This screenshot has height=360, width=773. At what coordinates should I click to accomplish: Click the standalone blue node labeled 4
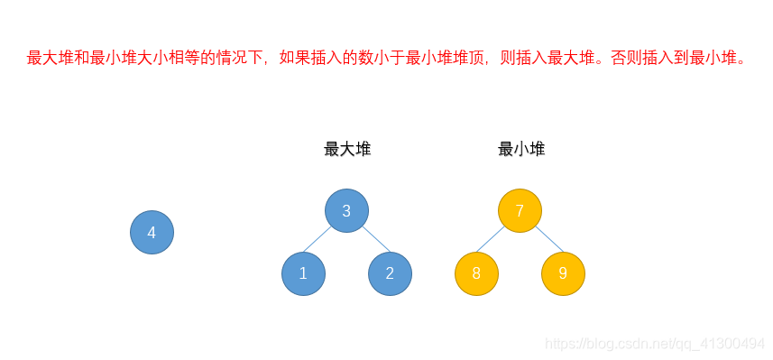(152, 233)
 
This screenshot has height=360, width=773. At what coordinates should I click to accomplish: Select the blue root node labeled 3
(346, 211)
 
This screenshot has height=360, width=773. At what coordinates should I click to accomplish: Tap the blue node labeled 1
(303, 273)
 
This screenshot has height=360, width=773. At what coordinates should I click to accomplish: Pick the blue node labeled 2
(390, 273)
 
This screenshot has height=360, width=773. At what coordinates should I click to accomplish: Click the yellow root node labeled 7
(520, 211)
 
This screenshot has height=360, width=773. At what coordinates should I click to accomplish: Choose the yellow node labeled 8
(476, 273)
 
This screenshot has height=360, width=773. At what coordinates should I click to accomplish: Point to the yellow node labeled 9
(563, 273)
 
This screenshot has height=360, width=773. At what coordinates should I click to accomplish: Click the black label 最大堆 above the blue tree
(347, 150)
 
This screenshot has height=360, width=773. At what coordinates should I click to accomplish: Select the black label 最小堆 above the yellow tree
(521, 150)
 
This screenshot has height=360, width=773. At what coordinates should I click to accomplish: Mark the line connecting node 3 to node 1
(318, 239)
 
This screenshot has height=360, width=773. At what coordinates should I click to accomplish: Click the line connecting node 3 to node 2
(374, 239)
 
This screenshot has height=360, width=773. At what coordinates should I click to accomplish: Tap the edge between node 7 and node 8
(492, 239)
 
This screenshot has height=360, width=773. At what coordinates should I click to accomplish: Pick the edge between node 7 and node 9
(548, 239)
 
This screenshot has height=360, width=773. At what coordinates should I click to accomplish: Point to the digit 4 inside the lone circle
(152, 233)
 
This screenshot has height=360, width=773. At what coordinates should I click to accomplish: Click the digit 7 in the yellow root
(520, 211)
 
